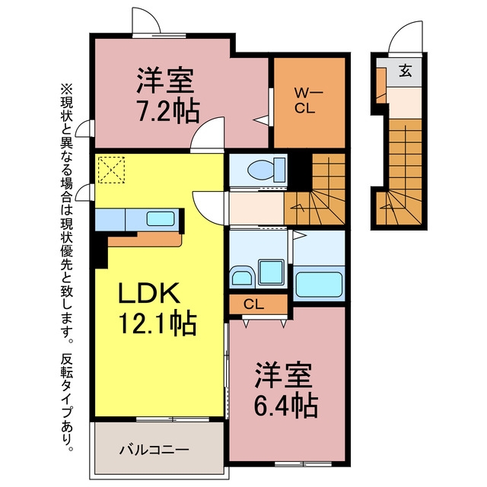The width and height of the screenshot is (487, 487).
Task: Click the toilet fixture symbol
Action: tap(266, 170)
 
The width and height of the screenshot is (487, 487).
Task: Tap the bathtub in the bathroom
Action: tap(319, 284)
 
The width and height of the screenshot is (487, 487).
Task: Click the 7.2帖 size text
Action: tap(168, 110)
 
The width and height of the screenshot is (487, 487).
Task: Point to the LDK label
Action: tap(149, 292)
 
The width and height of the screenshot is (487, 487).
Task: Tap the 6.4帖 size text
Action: tap(286, 406)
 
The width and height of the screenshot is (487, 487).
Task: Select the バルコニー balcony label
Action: tap(154, 450)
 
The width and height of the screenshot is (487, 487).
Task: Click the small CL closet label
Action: tap(254, 304)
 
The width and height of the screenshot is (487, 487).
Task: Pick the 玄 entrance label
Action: tap(406, 71)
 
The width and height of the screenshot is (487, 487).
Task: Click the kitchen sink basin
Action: tap(161, 218)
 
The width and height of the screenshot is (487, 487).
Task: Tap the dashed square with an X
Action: tap(111, 170)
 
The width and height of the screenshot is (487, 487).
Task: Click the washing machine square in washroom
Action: tap(271, 272)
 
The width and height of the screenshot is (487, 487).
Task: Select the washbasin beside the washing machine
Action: tap(242, 275)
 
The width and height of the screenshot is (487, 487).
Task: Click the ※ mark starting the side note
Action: tap(66, 90)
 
